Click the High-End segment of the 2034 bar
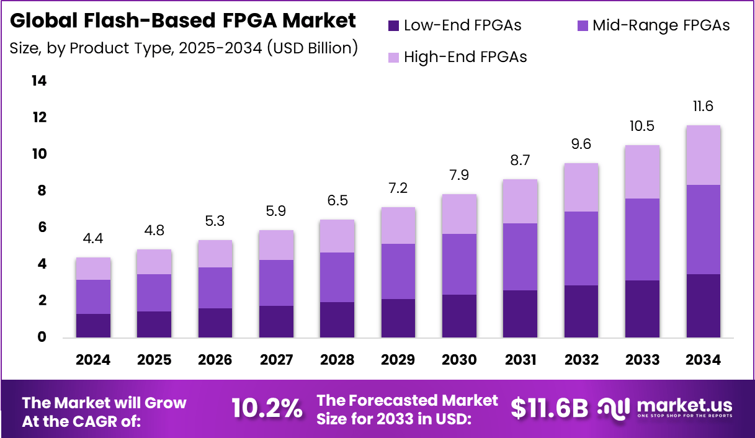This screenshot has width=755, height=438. pyautogui.click(x=703, y=155)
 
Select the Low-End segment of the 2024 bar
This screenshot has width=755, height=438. pyautogui.click(x=93, y=326)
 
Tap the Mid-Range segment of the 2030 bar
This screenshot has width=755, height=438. pyautogui.click(x=458, y=264)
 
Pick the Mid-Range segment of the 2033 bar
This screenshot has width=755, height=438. pyautogui.click(x=642, y=239)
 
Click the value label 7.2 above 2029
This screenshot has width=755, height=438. pyautogui.click(x=398, y=188)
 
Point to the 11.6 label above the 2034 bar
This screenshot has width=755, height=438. pyautogui.click(x=703, y=106)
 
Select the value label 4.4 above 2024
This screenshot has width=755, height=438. pyautogui.click(x=93, y=239)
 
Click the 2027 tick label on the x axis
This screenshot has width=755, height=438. pyautogui.click(x=276, y=360)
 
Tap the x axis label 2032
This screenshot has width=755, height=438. pyautogui.click(x=581, y=360)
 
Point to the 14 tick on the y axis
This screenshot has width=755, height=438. pyautogui.click(x=39, y=81)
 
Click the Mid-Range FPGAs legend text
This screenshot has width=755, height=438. pyautogui.click(x=661, y=25)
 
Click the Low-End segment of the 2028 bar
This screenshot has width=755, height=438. pyautogui.click(x=337, y=320)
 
